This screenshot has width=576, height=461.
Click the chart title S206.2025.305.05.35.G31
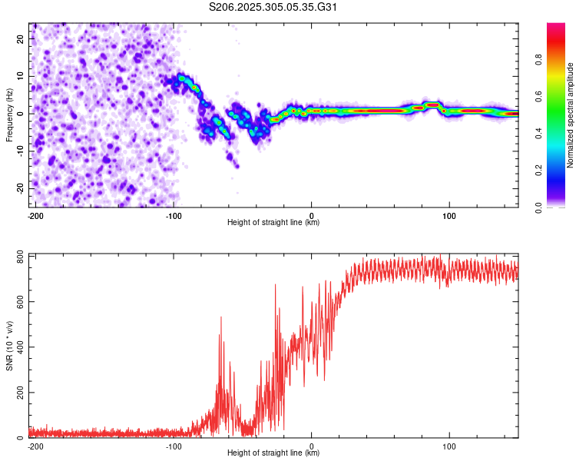pyautogui.click(x=274, y=8)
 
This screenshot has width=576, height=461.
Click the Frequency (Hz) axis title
pyautogui.click(x=8, y=114)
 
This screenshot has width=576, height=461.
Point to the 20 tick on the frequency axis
pyautogui.click(x=21, y=38)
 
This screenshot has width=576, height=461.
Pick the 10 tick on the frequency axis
pyautogui.click(x=21, y=75)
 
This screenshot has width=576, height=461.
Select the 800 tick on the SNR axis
pyautogui.click(x=18, y=256)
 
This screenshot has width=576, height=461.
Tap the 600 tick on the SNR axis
pyautogui.click(x=18, y=302)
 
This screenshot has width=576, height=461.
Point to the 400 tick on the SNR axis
pyautogui.click(x=18, y=347)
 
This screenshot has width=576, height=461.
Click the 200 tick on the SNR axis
pyautogui.click(x=18, y=393)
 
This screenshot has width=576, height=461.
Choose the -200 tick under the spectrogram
pyautogui.click(x=35, y=215)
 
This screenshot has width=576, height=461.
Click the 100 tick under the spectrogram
pyautogui.click(x=449, y=215)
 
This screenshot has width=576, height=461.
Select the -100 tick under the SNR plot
pyautogui.click(x=173, y=446)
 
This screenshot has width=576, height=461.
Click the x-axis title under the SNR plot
pyautogui.click(x=273, y=453)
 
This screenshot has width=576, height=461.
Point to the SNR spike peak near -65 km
pyautogui.click(x=221, y=317)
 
